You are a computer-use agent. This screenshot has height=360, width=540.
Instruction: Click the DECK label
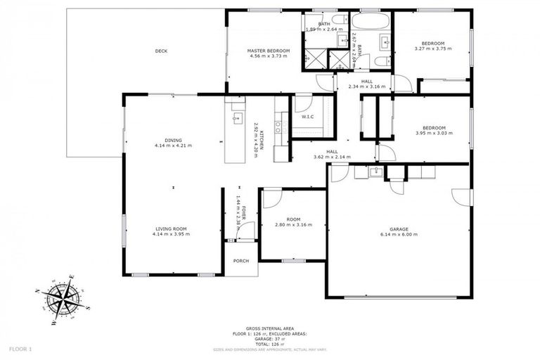coord(161,51)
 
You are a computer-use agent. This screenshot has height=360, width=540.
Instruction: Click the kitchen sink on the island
coord(237,117)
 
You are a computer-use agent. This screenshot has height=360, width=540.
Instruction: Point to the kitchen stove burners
coord(278,127)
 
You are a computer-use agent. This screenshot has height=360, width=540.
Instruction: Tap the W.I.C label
coord(307,116)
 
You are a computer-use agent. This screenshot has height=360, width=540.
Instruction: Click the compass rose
coord(64,299)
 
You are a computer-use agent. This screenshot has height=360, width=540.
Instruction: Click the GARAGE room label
coord(399,229)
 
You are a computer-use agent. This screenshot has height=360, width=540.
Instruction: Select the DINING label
coord(173,140)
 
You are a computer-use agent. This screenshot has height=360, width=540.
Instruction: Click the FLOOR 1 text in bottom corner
coord(20,349)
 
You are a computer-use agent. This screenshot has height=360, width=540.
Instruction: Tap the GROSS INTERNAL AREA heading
coord(269,328)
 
